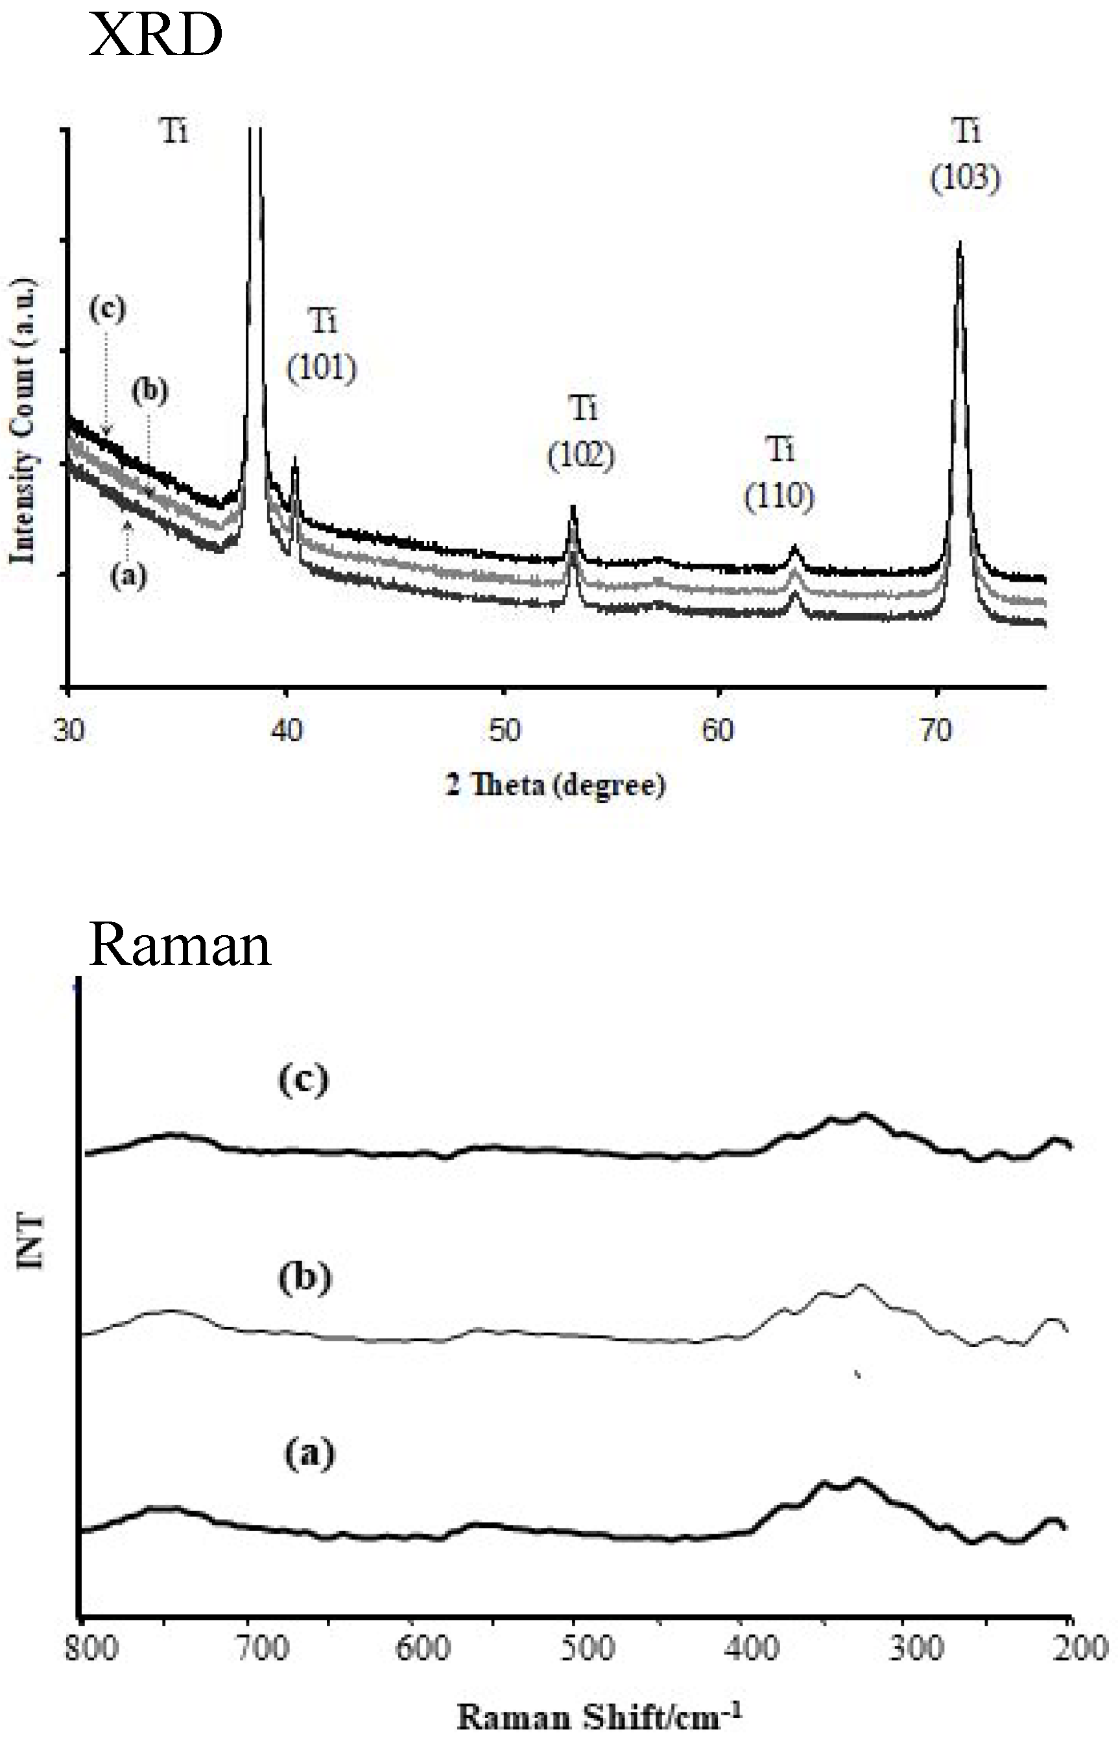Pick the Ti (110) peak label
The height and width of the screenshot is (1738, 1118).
click(x=779, y=474)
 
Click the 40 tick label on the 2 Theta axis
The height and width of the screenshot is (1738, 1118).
click(x=287, y=730)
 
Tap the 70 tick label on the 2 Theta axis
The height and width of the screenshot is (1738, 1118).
click(x=936, y=730)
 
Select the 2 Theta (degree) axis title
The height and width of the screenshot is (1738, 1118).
click(x=555, y=785)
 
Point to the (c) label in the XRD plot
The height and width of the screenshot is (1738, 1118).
click(x=107, y=309)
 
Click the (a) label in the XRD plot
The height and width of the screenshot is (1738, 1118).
click(x=128, y=576)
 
